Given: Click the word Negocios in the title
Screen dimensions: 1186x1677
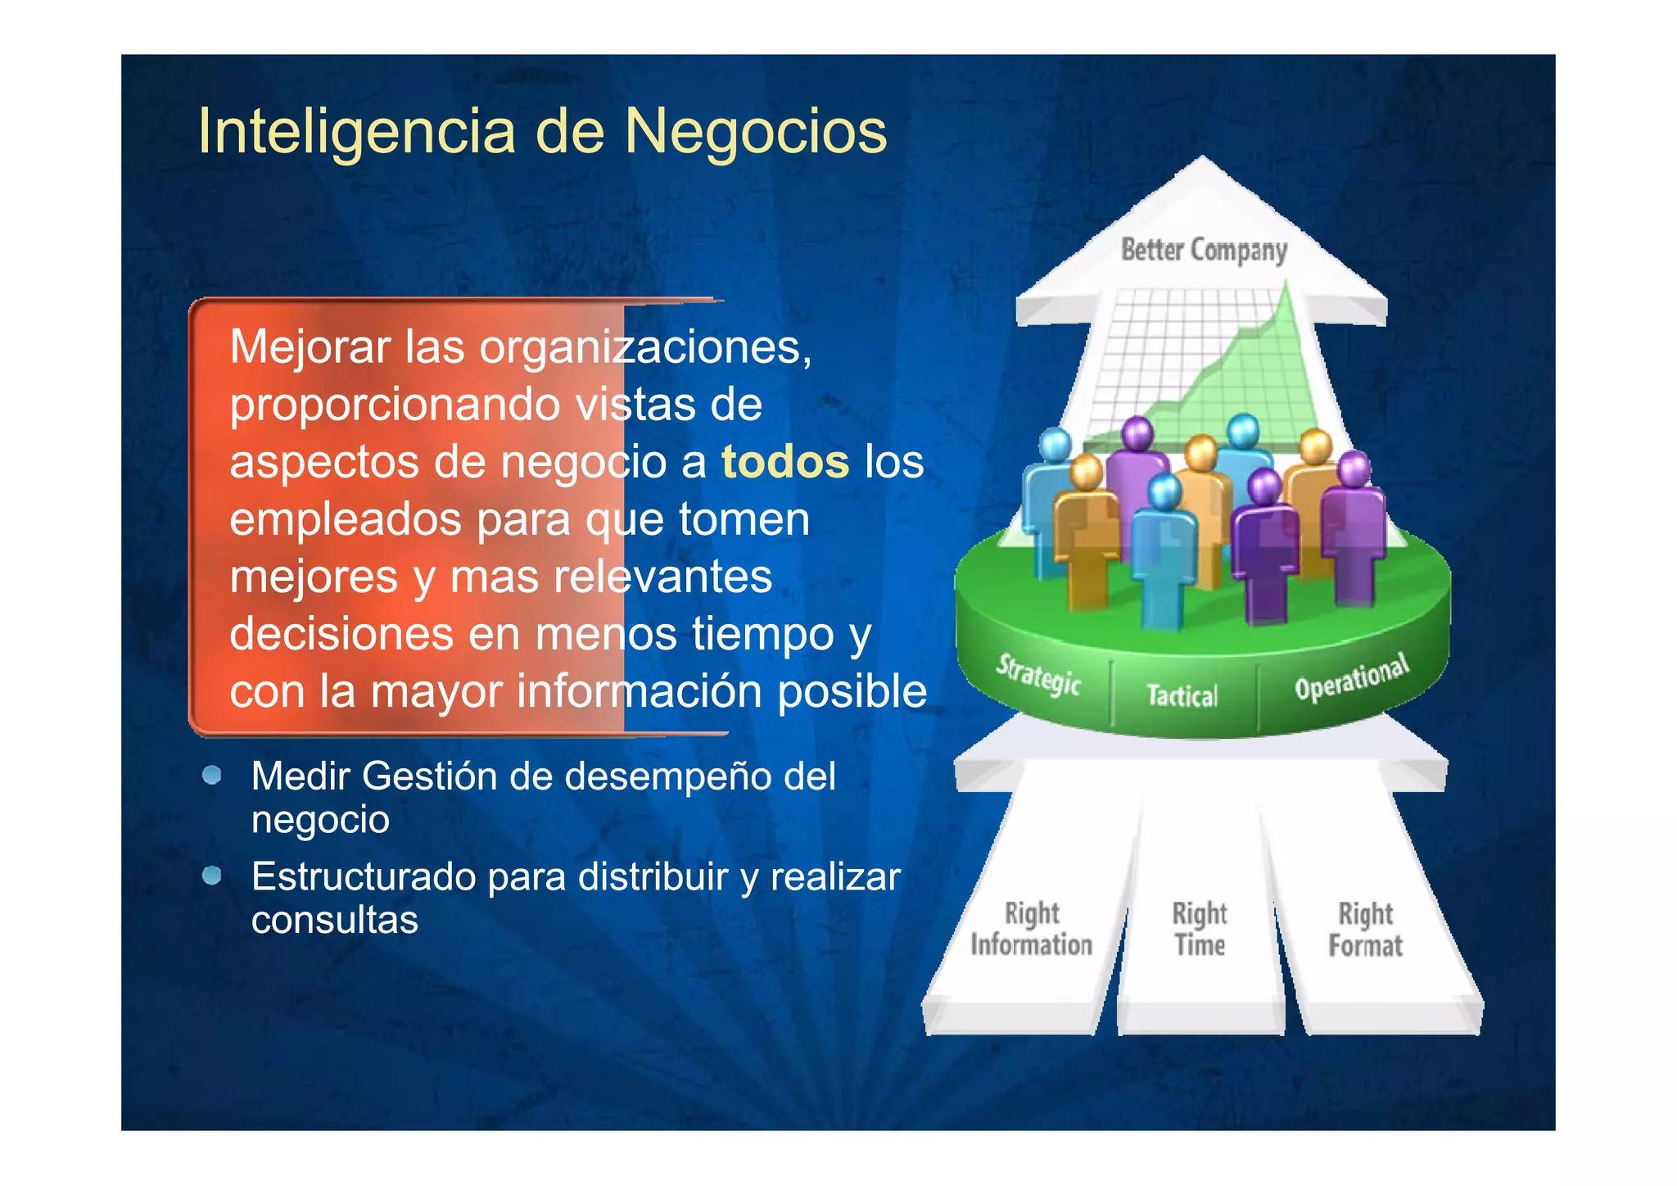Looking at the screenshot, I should pyautogui.click(x=755, y=131).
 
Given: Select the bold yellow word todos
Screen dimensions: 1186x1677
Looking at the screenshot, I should pyautogui.click(x=784, y=462).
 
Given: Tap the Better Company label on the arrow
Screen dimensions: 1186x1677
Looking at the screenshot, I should pyautogui.click(x=1204, y=250).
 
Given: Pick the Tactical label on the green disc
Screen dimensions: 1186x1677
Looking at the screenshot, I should pyautogui.click(x=1182, y=695).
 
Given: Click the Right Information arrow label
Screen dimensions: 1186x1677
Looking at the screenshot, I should pyautogui.click(x=1031, y=929).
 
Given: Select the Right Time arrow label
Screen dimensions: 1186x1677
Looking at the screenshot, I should pyautogui.click(x=1200, y=929).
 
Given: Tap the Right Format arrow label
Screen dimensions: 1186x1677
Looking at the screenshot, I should pyautogui.click(x=1365, y=930).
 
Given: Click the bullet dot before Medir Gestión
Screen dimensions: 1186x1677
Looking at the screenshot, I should pyautogui.click(x=212, y=775).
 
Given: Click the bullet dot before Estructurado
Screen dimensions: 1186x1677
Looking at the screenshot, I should pyautogui.click(x=212, y=876).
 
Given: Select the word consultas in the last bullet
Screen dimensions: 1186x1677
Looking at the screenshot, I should pyautogui.click(x=334, y=920).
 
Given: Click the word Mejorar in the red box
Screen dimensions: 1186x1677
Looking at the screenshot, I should pyautogui.click(x=310, y=347).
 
